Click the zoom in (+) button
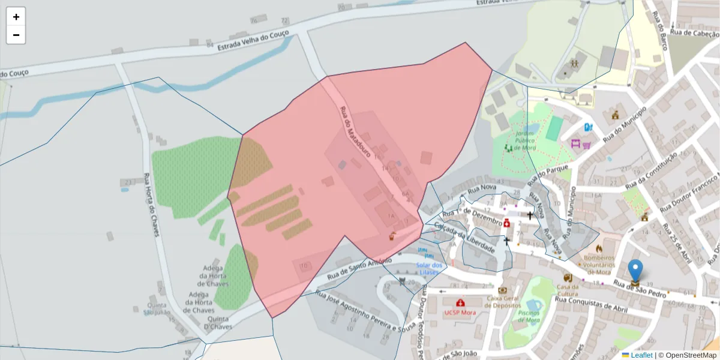click(16, 17)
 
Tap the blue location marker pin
click(635, 272)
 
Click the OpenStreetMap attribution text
click(687, 355)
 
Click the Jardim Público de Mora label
click(520, 140)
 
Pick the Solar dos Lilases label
click(429, 269)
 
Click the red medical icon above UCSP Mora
click(460, 303)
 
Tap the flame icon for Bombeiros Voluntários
click(598, 248)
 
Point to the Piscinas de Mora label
click(529, 316)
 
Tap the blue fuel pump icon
click(589, 127)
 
